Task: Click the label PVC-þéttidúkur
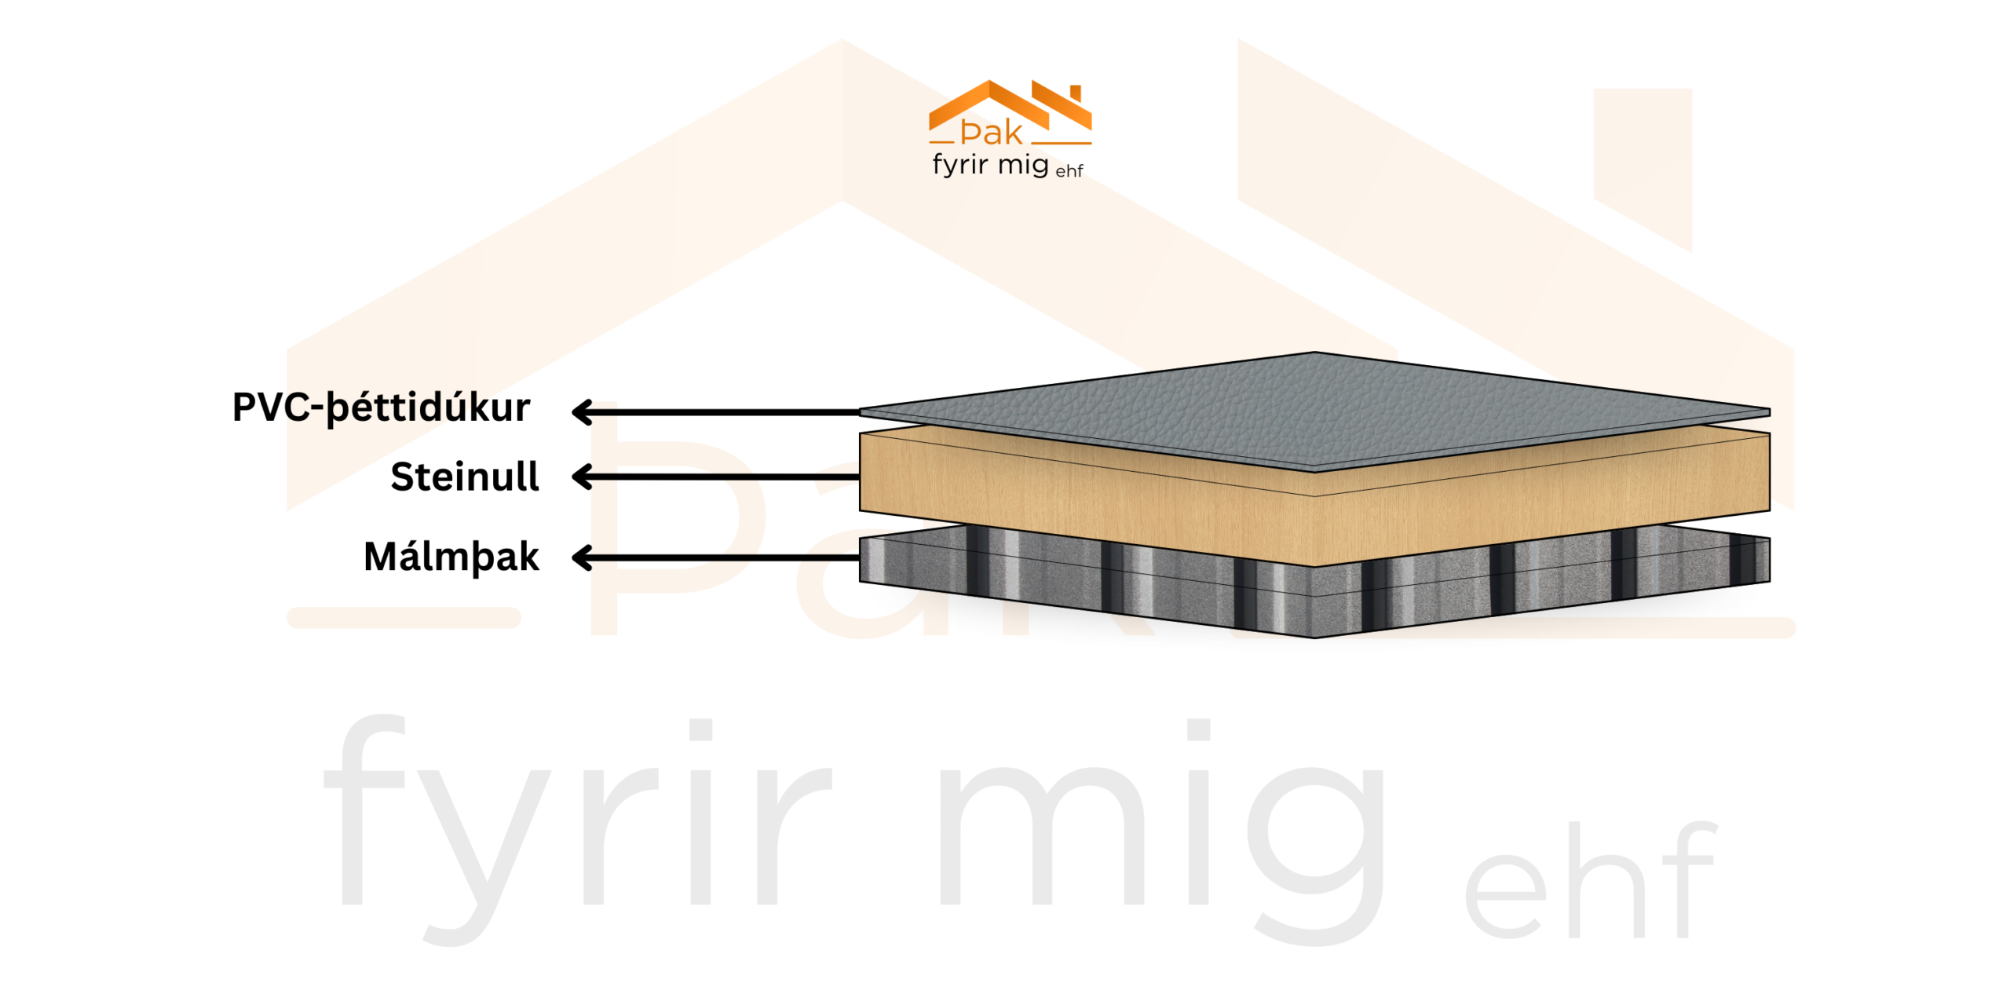point(381,408)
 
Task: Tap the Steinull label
point(465,477)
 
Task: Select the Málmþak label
point(451,557)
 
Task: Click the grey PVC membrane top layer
point(1315,408)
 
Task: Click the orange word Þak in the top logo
point(991,133)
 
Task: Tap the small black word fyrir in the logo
point(959,165)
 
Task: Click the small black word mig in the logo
point(1023,165)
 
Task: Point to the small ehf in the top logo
point(1069,170)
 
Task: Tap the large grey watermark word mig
point(1162,832)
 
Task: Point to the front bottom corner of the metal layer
point(1314,636)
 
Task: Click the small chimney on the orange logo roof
point(1076,93)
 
